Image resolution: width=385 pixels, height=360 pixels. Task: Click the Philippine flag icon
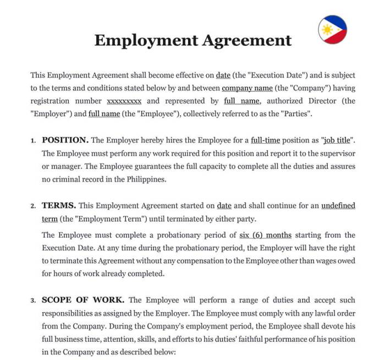(332, 29)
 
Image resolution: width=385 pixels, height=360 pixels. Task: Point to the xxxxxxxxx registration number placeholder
(124, 101)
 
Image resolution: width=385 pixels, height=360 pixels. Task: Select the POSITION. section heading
(65, 140)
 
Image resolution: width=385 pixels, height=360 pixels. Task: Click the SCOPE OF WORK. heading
(83, 300)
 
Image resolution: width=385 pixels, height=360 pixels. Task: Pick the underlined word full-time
(266, 140)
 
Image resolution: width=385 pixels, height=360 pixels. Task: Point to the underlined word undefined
(338, 206)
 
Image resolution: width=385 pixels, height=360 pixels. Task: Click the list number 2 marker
(33, 206)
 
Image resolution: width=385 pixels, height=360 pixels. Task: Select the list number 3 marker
(33, 301)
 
